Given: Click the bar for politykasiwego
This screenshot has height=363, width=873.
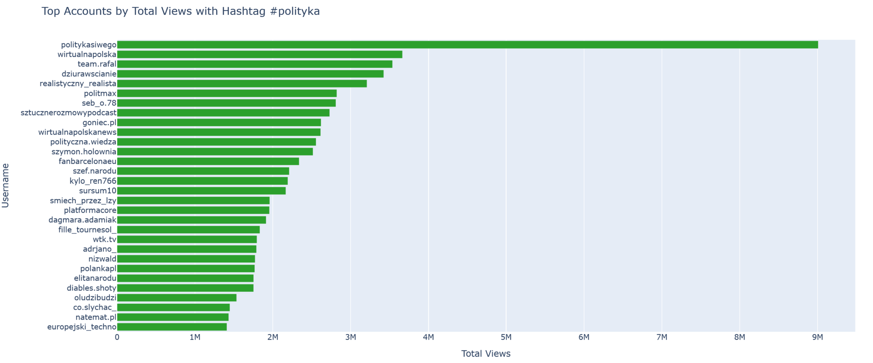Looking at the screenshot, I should tap(467, 45).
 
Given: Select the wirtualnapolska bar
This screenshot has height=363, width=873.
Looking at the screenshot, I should tap(260, 55).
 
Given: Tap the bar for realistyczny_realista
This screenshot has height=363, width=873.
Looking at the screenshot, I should tap(242, 84).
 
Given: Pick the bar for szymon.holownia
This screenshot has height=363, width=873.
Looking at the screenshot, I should tap(215, 152).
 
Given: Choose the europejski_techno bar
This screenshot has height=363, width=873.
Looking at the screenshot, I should tap(172, 327).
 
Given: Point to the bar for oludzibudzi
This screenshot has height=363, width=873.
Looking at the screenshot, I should tap(176, 298).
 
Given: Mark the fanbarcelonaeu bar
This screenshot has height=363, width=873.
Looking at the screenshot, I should tap(208, 161).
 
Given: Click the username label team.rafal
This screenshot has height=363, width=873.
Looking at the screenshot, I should tap(97, 64).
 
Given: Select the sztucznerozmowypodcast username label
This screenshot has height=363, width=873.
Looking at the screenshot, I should tap(69, 113).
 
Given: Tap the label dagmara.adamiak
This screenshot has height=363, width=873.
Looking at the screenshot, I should tap(82, 220).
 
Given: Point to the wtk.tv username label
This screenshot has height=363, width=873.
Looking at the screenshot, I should tap(104, 239).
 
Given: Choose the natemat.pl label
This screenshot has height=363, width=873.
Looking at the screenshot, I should tap(96, 317).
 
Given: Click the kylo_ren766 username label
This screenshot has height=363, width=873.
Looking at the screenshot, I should tap(93, 181).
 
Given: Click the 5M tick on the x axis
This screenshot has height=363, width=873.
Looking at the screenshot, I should tap(506, 337).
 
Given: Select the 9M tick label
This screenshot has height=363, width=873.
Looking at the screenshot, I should tap(817, 337).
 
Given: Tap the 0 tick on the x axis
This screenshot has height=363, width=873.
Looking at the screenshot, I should tap(117, 337).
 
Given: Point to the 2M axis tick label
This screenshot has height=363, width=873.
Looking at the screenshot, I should tap(273, 337).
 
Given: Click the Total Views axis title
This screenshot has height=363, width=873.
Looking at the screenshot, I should tap(486, 354).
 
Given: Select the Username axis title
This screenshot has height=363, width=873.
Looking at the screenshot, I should tap(6, 185).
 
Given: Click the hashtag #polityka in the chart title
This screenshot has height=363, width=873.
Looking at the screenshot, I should tap(295, 12).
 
